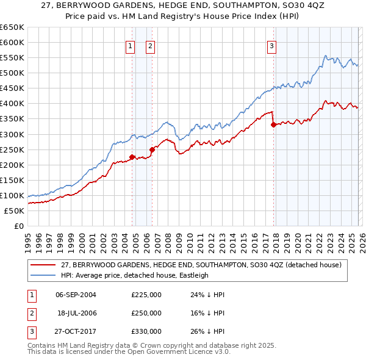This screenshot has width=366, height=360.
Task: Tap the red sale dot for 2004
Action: pyautogui.click(x=132, y=157)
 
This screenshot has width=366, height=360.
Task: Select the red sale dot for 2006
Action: pyautogui.click(x=152, y=149)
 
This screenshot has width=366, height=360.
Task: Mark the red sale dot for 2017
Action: pyautogui.click(x=273, y=124)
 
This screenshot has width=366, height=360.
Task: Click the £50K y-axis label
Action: pyautogui.click(x=15, y=211)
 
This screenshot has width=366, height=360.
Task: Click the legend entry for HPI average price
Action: pyautogui.click(x=134, y=275)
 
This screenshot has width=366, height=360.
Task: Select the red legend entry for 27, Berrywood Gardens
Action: pyautogui.click(x=204, y=265)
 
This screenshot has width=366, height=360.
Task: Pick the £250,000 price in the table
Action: pyautogui.click(x=146, y=313)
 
